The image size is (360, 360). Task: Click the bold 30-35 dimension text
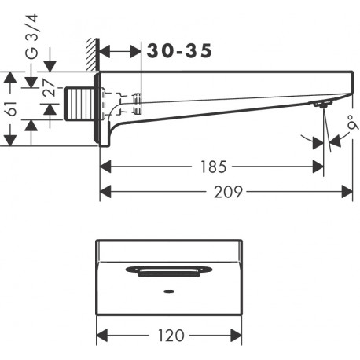(179, 51)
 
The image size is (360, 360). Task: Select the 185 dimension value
(213, 167)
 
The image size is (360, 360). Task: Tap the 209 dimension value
(228, 192)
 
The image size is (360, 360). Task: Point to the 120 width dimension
(171, 336)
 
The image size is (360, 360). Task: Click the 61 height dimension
(12, 108)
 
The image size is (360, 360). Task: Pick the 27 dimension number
(49, 87)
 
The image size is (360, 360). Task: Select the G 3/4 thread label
(31, 36)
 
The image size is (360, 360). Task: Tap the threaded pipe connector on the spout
(79, 104)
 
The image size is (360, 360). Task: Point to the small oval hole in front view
(169, 292)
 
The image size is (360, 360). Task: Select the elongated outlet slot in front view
(169, 271)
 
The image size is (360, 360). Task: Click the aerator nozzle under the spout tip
(321, 104)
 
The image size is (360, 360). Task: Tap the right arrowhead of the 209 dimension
(347, 192)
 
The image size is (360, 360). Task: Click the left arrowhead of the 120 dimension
(102, 335)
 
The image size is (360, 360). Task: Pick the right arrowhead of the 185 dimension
(318, 167)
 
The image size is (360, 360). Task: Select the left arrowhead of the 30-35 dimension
(105, 52)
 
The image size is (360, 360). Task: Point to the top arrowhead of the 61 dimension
(10, 77)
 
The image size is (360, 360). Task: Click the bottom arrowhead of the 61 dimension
(10, 141)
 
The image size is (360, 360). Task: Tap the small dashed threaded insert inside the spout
(138, 104)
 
